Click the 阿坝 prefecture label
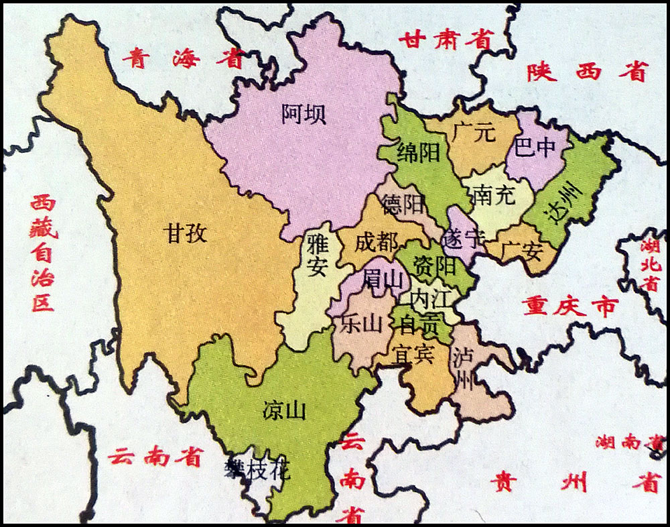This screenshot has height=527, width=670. pyautogui.click(x=304, y=114)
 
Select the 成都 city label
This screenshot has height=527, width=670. pyautogui.click(x=376, y=243)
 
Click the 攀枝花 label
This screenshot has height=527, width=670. pyautogui.click(x=257, y=470)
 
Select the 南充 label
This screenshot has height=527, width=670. pyautogui.click(x=492, y=195)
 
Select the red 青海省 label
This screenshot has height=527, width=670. pyautogui.click(x=182, y=58)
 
